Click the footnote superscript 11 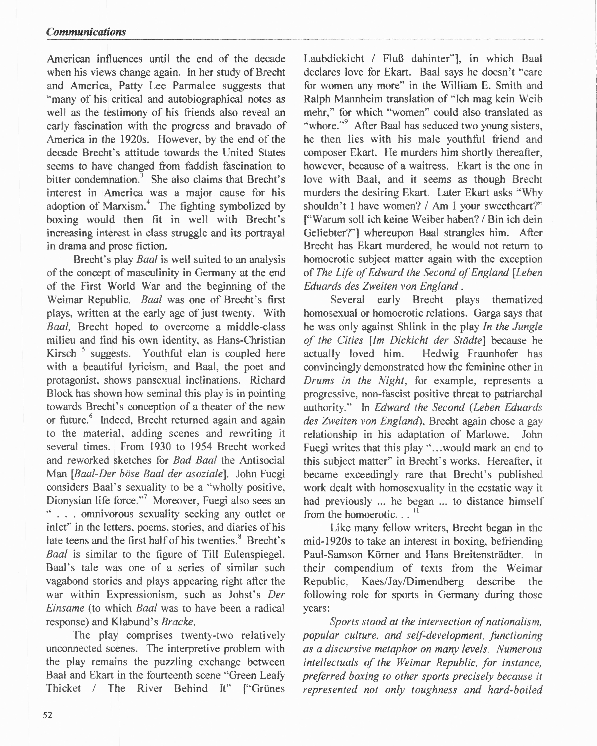click(x=416, y=511)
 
